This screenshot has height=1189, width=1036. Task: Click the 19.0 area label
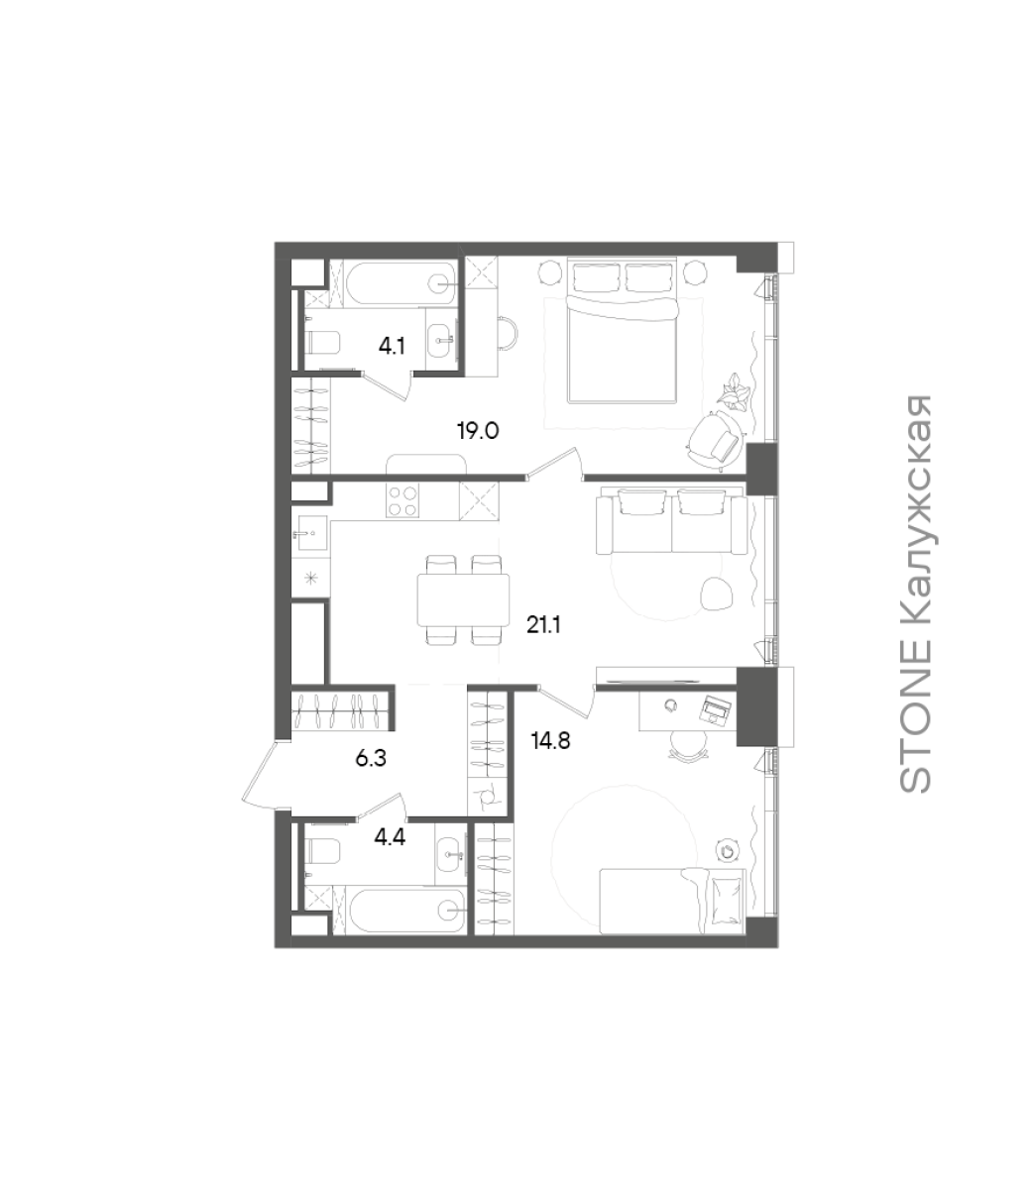(x=478, y=431)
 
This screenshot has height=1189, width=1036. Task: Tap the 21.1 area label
(x=543, y=625)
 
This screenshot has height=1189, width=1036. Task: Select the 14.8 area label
(x=550, y=741)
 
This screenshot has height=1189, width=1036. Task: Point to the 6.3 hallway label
(x=371, y=758)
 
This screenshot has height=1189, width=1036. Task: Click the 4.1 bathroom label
(x=392, y=347)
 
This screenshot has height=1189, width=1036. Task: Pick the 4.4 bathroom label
(x=390, y=837)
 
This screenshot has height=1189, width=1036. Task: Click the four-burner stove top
(x=403, y=501)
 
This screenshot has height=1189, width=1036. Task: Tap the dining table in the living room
(x=463, y=599)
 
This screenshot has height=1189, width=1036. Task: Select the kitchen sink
(x=310, y=533)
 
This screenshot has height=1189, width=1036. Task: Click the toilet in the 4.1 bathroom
(x=322, y=342)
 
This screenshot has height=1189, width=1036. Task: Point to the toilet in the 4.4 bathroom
(x=322, y=852)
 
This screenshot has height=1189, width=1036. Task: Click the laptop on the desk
(x=715, y=710)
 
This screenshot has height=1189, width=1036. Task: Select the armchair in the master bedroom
(x=715, y=441)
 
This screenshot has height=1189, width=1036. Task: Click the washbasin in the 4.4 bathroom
(x=450, y=854)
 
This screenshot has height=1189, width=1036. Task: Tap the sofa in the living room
(x=671, y=521)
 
